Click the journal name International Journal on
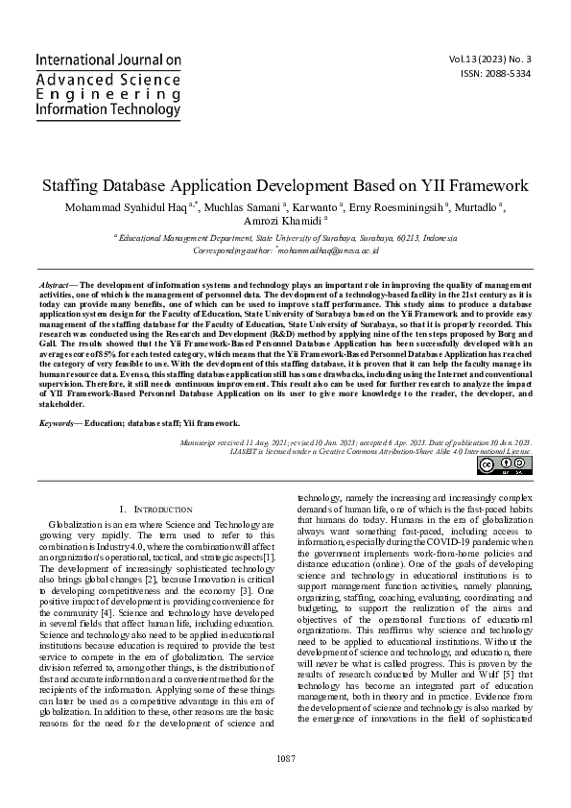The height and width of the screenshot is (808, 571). (107, 59)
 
